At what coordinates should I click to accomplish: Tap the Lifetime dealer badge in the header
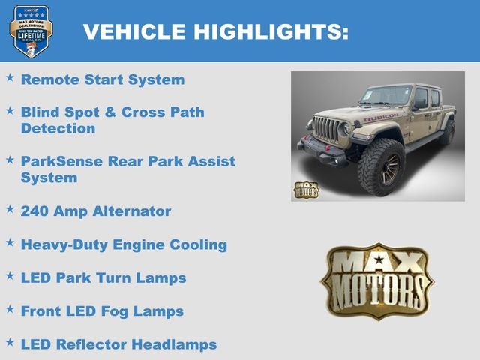click(x=31, y=31)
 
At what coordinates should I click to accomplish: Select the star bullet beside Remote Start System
click(x=10, y=77)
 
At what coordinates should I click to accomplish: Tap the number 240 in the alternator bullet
click(x=35, y=211)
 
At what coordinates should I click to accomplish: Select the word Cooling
click(x=195, y=244)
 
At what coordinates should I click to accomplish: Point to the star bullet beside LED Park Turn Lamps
click(x=10, y=276)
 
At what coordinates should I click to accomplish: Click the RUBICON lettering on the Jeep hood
click(x=381, y=118)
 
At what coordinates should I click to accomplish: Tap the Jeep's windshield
click(x=385, y=96)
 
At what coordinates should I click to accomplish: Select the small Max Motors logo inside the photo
click(x=306, y=190)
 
